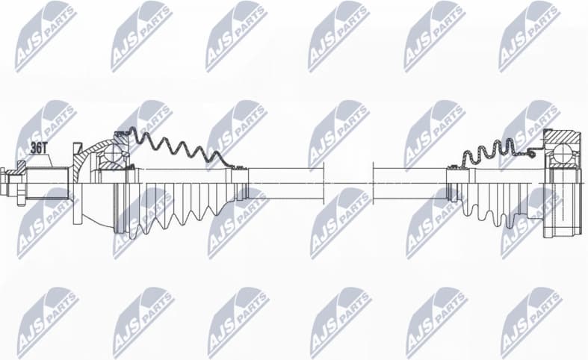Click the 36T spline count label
pyautogui.click(x=37, y=148)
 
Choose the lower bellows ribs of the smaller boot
pyautogui.click(x=493, y=209)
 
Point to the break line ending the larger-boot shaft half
pyautogui.click(x=324, y=183)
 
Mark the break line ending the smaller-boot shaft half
pyautogui.click(x=373, y=183)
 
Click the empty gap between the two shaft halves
pyautogui.click(x=348, y=183)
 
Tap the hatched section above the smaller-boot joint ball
pyautogui.click(x=563, y=138)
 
